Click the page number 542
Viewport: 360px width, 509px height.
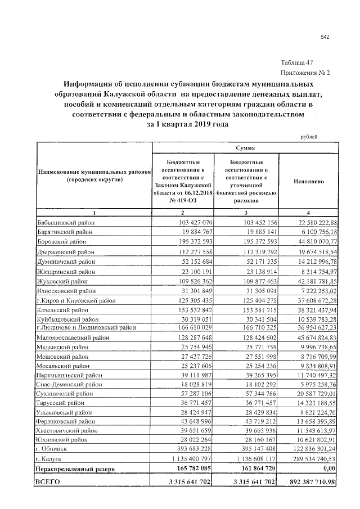pos(325,37)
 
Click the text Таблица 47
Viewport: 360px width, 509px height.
pos(296,62)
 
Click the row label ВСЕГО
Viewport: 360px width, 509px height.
pos(48,482)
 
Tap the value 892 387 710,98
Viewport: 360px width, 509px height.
pos(309,482)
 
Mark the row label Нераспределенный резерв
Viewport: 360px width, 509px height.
pos(75,468)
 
